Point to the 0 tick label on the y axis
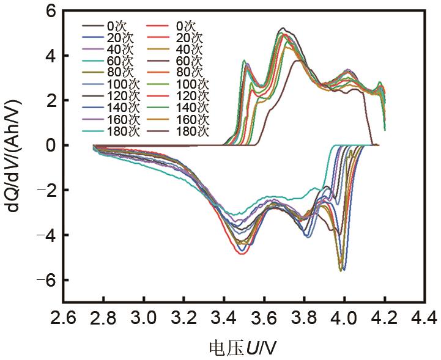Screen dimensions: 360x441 [x=50, y=145]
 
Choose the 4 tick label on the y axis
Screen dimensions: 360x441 [x=50, y=56]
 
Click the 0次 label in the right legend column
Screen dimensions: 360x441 [x=185, y=26]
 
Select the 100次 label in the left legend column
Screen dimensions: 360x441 [x=121, y=84]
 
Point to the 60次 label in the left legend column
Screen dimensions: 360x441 [x=119, y=61]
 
